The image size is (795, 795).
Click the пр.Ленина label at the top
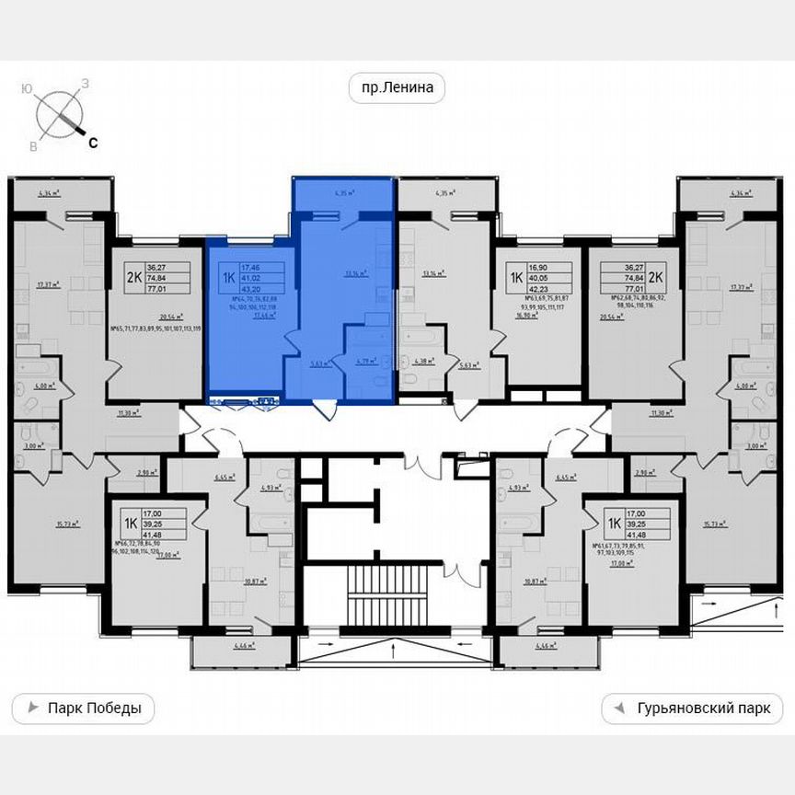(397, 88)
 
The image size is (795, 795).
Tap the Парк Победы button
(83, 709)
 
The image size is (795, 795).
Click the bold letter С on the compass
(93, 141)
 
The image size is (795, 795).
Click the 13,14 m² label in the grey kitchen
(432, 273)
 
